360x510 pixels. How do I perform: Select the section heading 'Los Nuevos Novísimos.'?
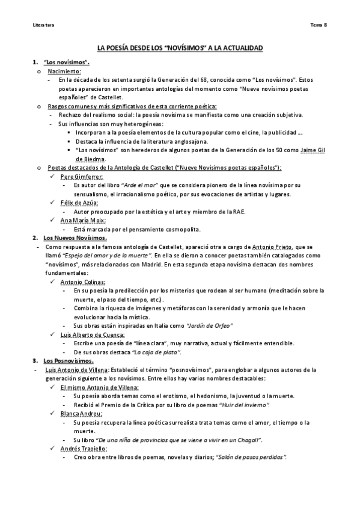(75, 238)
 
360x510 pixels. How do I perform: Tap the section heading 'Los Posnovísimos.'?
(69, 360)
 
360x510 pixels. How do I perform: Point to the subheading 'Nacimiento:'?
(66, 71)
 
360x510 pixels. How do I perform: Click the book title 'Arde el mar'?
(144, 185)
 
